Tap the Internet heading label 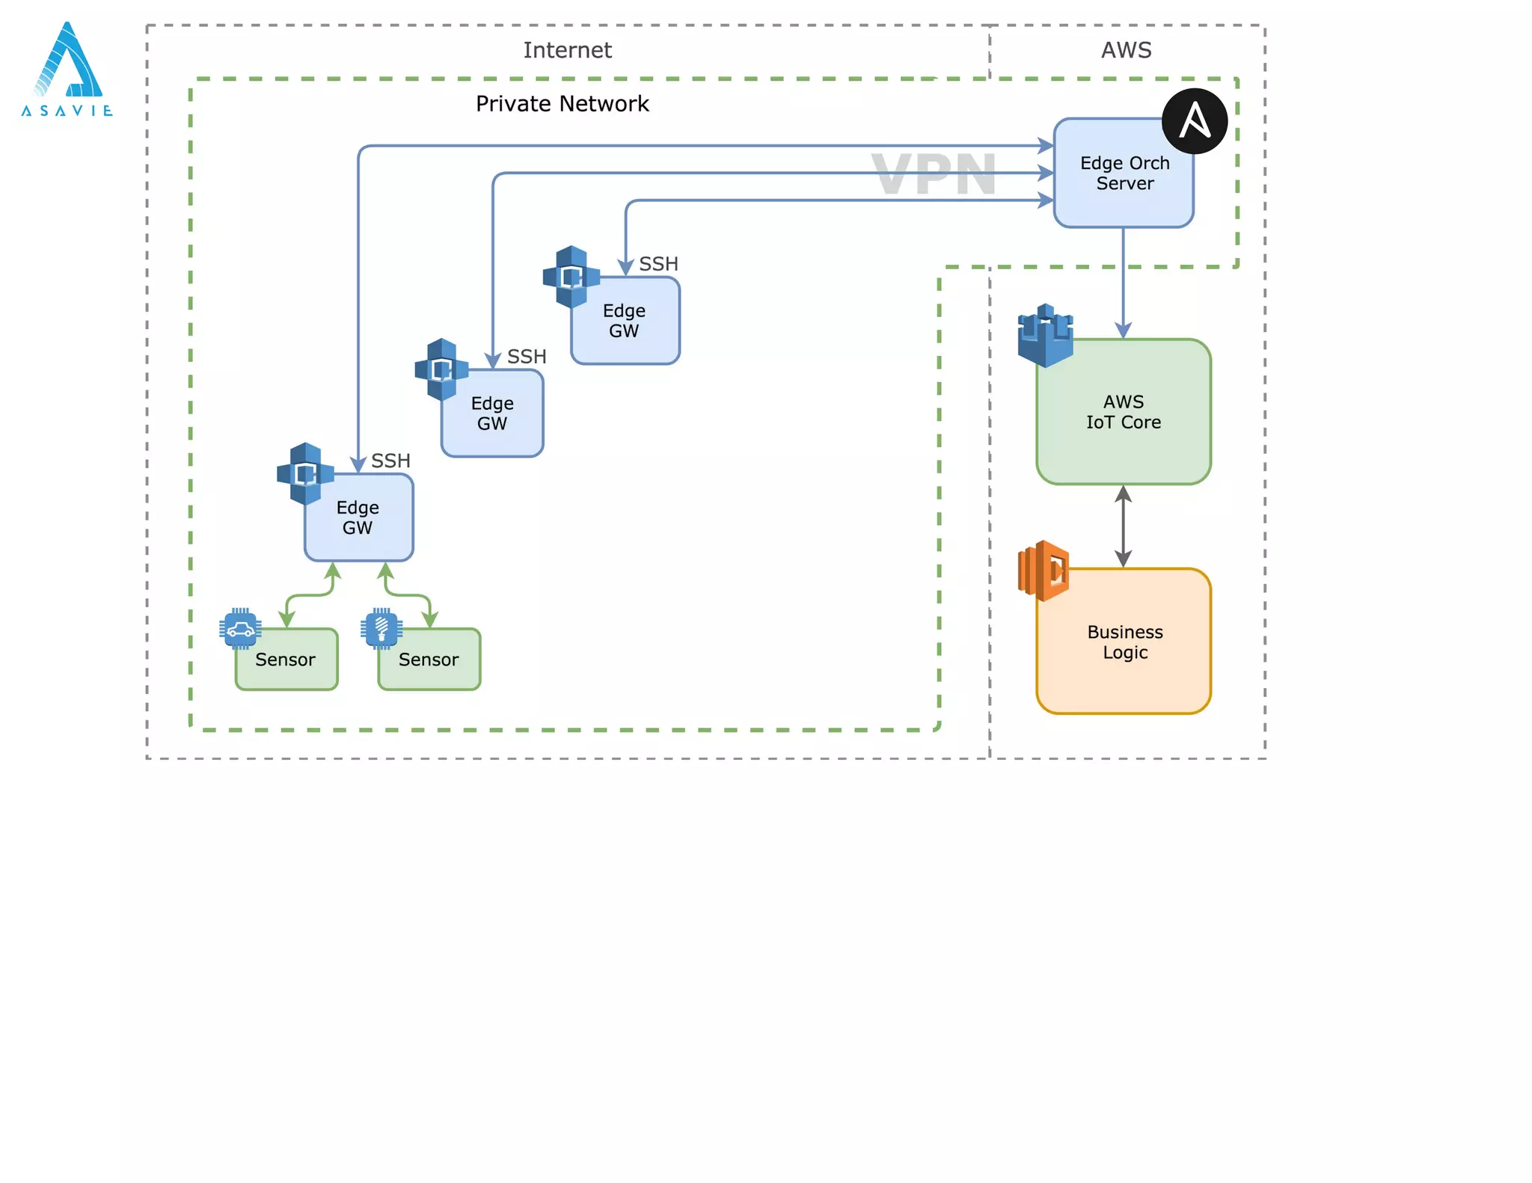click(567, 50)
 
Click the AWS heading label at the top click(1126, 50)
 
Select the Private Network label click(562, 104)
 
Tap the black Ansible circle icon click(1194, 121)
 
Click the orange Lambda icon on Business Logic click(1044, 571)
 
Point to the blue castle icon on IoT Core click(1045, 336)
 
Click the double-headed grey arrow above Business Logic click(1123, 526)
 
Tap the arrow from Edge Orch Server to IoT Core click(1123, 284)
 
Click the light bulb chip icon click(382, 629)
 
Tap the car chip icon click(240, 629)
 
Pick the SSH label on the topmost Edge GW click(658, 264)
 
